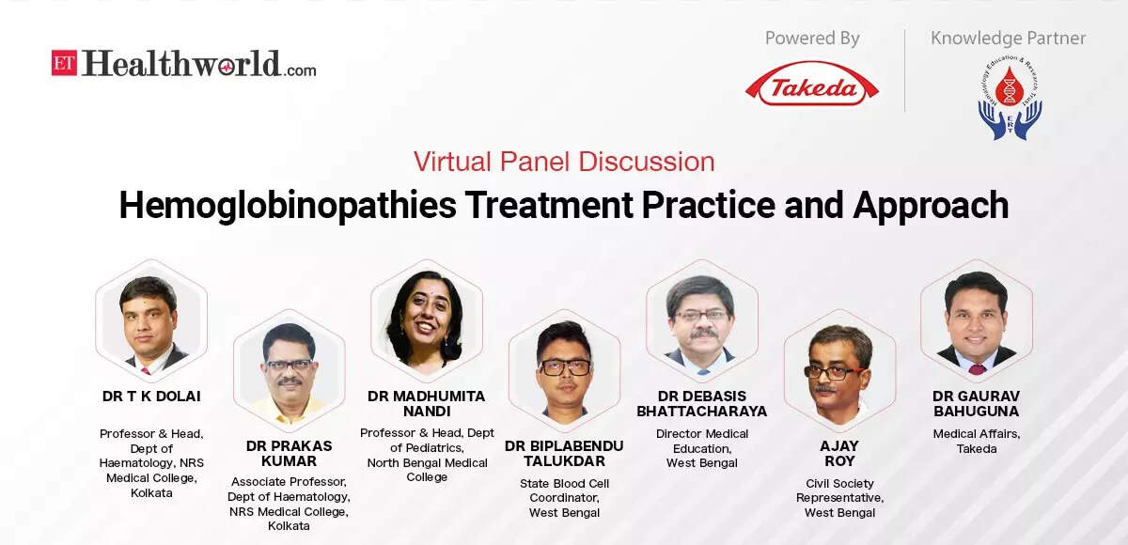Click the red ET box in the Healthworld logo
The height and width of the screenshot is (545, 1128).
(x=64, y=63)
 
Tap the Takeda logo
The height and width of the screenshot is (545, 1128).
(x=812, y=84)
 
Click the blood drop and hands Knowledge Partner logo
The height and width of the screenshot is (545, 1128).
(x=1010, y=97)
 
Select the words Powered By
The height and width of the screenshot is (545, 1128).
(x=812, y=39)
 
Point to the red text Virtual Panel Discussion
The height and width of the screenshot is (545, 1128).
(x=564, y=162)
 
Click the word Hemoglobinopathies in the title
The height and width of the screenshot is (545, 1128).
(x=288, y=206)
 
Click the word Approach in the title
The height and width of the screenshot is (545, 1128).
(x=931, y=205)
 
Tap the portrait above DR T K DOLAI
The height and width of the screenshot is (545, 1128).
(x=151, y=319)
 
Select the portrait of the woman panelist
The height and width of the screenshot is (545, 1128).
(x=427, y=319)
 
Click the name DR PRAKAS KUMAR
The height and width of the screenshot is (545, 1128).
(x=289, y=454)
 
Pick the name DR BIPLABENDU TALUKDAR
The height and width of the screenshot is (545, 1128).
(x=564, y=454)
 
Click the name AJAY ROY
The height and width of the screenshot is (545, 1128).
(x=839, y=454)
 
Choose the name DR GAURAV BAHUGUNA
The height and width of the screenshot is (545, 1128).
(x=977, y=404)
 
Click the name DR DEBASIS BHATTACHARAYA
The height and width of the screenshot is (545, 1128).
(x=702, y=404)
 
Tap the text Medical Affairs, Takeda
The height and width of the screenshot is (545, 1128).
(x=977, y=441)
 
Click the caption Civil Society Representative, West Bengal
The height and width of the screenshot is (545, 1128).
(x=839, y=498)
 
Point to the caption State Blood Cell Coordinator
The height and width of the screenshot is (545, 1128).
(x=564, y=490)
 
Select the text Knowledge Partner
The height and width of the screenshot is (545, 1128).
(x=1008, y=39)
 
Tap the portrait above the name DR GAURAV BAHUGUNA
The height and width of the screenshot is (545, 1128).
(x=977, y=319)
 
